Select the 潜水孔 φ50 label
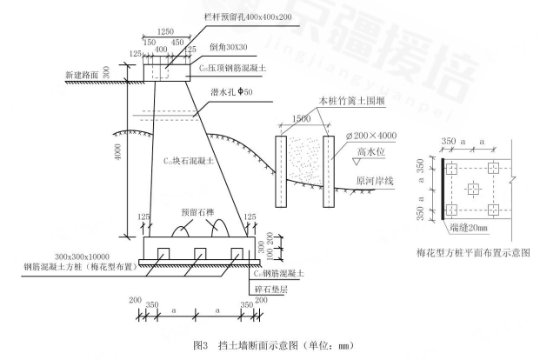click(x=227, y=103)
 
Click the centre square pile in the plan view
click(x=472, y=188)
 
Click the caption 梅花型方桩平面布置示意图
click(x=474, y=254)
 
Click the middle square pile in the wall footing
click(x=199, y=254)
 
